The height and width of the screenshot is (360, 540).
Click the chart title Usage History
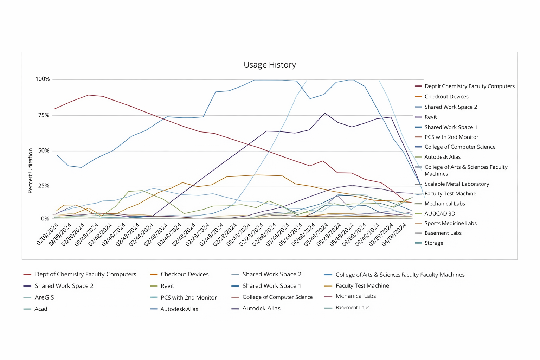[x=270, y=65]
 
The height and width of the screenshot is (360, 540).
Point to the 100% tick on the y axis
[x=43, y=79]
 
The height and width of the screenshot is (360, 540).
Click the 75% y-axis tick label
[x=44, y=115]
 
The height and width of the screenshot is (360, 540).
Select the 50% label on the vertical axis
[x=44, y=151]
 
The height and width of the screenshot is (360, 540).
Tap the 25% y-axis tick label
[x=44, y=186]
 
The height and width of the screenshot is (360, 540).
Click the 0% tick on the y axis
[x=45, y=219]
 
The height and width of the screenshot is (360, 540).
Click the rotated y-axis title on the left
[x=30, y=171]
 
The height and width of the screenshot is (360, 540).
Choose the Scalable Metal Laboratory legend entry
[x=456, y=184]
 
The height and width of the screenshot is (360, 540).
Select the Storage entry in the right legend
[x=433, y=243]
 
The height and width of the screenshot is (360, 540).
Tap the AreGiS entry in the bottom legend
[x=44, y=297]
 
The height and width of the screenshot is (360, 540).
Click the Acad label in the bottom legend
[x=41, y=309]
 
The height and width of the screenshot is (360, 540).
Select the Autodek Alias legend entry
[x=261, y=308]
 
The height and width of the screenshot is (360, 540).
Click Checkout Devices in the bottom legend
[x=184, y=274]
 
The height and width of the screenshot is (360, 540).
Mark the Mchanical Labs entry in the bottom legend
[x=355, y=296]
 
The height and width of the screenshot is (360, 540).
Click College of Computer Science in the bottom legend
[x=277, y=297]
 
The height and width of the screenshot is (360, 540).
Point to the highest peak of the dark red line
[x=88, y=95]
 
